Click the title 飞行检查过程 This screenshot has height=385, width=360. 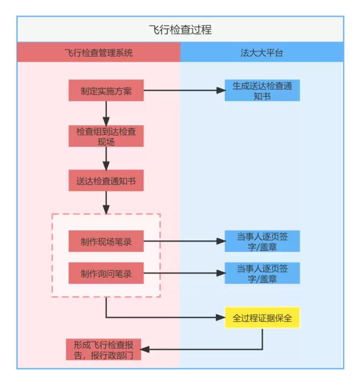pos(180,29)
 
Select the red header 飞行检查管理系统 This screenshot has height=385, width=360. pos(98,53)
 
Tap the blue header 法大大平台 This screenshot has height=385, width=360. pos(262,53)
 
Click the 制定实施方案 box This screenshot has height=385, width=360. pos(106,90)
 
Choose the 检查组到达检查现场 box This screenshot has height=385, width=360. pos(106,136)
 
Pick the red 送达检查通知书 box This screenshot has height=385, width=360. pos(106,181)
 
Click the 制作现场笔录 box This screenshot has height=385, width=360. pos(106,242)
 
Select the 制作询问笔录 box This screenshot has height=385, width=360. pos(106,274)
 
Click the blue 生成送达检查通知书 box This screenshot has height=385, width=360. pos(262,90)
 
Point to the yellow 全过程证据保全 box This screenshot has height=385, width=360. pos(262,318)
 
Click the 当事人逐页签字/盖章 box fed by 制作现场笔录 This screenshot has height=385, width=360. pos(262,242)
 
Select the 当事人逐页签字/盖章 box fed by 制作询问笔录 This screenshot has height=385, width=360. pos(262,274)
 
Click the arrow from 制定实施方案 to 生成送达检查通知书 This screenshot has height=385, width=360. pos(183,90)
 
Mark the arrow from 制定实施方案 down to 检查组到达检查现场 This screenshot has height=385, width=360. pos(106,113)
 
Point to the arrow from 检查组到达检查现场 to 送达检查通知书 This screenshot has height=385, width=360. pos(106,158)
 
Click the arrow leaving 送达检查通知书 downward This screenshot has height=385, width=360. pos(106,201)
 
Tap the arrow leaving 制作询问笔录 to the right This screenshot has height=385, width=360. pos(183,274)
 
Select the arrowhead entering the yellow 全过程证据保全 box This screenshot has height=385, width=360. pos(221,318)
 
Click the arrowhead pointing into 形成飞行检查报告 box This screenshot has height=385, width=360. pos(145,349)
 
